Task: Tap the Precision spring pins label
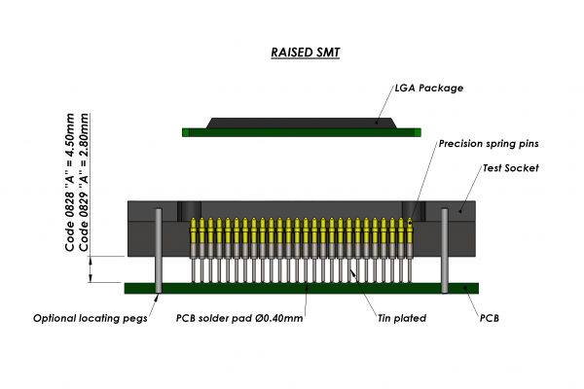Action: point(486,144)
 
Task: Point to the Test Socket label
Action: point(510,167)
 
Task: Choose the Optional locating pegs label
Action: point(90,318)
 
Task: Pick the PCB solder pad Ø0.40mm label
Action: point(239,318)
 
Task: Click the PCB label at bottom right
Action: point(493,318)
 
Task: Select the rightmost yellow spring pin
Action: point(409,231)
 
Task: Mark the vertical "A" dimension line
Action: point(91,269)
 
